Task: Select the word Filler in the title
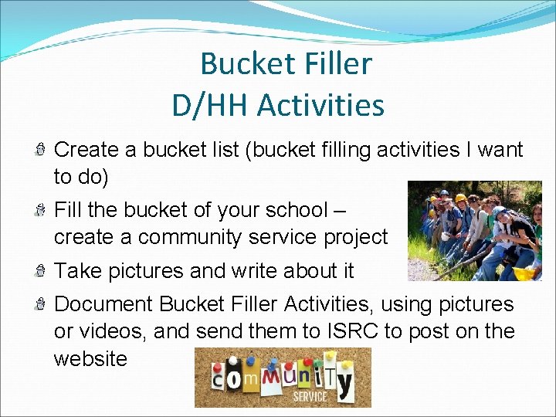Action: click(334, 64)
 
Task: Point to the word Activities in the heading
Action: click(320, 105)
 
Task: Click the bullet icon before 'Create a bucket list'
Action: click(42, 150)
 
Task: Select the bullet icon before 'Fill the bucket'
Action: click(42, 210)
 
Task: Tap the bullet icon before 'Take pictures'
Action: click(42, 271)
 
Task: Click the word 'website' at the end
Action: click(90, 358)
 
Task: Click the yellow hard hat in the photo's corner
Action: click(524, 273)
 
